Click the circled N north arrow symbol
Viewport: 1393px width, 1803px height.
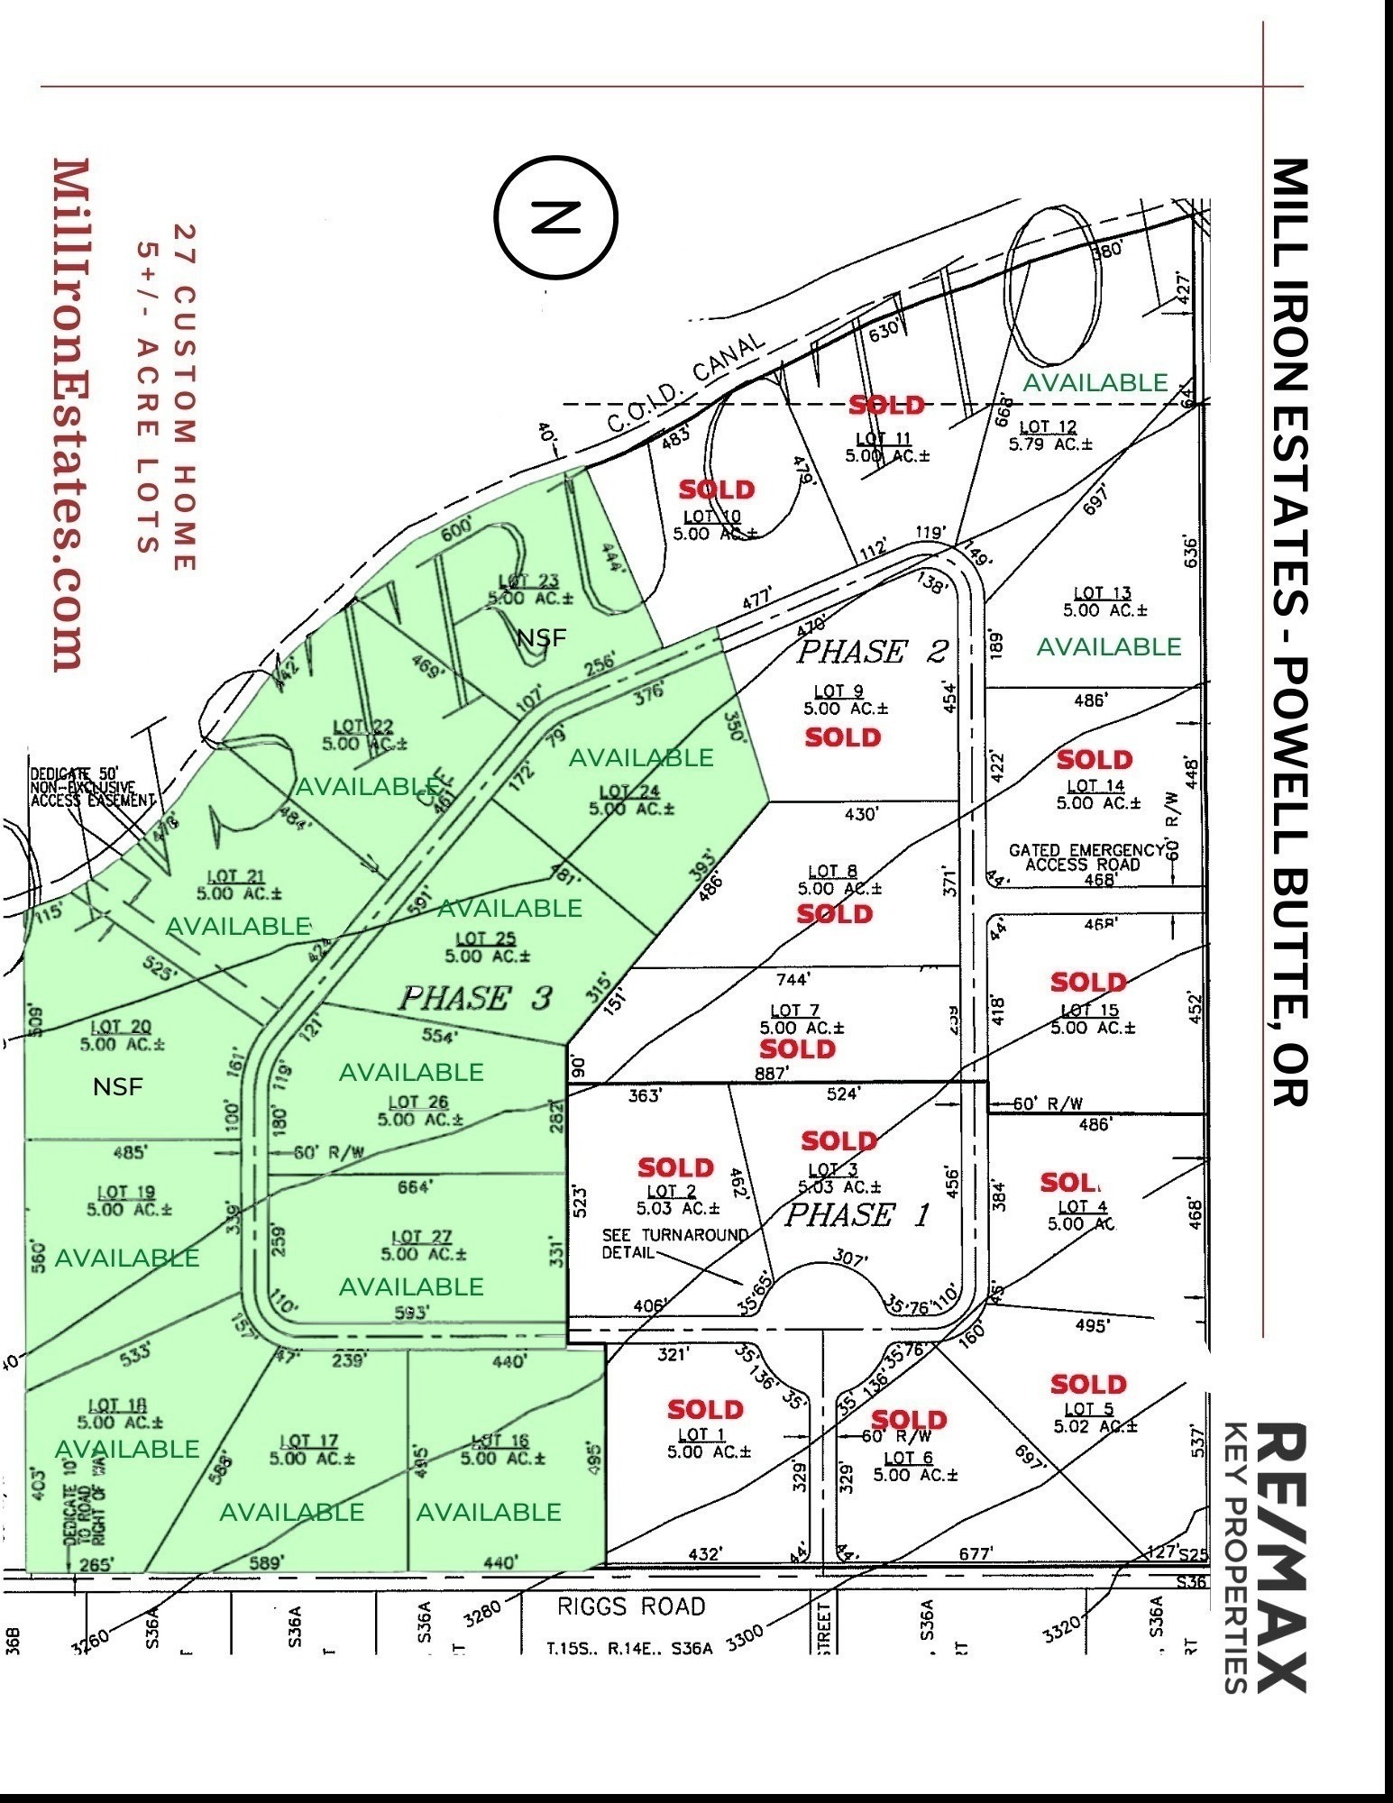click(x=555, y=217)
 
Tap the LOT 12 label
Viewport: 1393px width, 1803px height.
click(x=1048, y=427)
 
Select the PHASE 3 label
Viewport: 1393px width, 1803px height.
click(x=475, y=998)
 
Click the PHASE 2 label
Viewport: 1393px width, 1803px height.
click(x=873, y=651)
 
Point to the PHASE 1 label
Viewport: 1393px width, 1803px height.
click(x=857, y=1215)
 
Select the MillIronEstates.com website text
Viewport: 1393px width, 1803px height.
click(x=72, y=415)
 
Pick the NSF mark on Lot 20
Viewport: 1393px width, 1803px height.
click(x=118, y=1087)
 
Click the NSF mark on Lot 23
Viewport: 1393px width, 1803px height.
click(x=542, y=638)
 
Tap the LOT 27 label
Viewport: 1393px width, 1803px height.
click(x=422, y=1238)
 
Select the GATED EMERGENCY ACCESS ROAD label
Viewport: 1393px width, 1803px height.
click(x=1086, y=857)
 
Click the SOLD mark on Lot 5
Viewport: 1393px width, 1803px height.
click(x=1088, y=1384)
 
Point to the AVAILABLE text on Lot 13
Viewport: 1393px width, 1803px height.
click(x=1108, y=646)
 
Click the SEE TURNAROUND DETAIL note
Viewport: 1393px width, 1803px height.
click(x=675, y=1243)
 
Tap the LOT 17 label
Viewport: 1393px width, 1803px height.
click(x=309, y=1441)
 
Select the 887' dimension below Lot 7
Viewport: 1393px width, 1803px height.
click(x=773, y=1073)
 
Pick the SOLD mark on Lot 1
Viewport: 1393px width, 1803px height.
click(x=705, y=1409)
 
